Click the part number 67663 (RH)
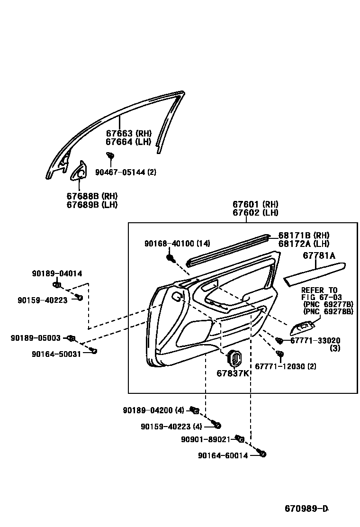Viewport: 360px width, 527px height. coord(128,134)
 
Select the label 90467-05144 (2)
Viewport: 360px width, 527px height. coord(126,172)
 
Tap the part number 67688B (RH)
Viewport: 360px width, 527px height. coord(92,196)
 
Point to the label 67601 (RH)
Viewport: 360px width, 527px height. coord(255,204)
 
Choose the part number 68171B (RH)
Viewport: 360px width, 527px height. coord(304,236)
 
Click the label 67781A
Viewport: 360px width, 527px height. coord(318,256)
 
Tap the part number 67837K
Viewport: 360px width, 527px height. coord(233,373)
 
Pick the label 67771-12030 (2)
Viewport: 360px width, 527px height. coord(286,366)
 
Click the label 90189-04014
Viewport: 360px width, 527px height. coord(57,273)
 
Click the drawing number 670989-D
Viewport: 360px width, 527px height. coord(306,509)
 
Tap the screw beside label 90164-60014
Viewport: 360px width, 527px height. coord(263,454)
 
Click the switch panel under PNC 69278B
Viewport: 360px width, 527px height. coord(303,327)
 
